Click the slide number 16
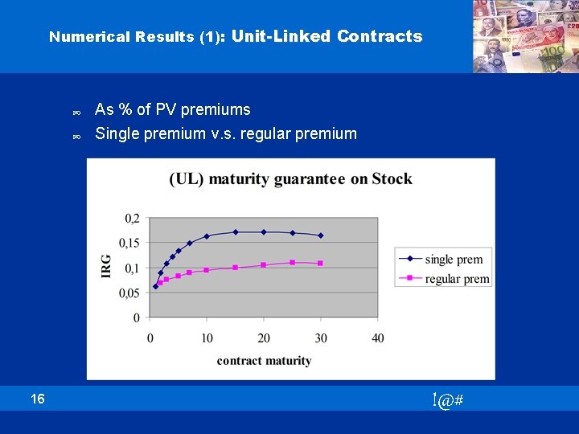click(x=39, y=399)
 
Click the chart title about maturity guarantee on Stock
click(x=290, y=178)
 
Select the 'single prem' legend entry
click(x=454, y=259)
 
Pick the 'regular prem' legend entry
click(x=457, y=278)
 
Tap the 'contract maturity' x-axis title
click(x=264, y=361)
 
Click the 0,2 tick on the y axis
click(x=131, y=219)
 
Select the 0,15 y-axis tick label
click(x=129, y=243)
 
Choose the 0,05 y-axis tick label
click(x=129, y=293)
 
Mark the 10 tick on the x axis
click(x=207, y=338)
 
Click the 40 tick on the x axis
click(x=378, y=338)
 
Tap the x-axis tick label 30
click(x=321, y=338)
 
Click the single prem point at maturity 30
click(x=321, y=235)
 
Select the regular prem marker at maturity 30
click(x=321, y=263)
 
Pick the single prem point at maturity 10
click(x=207, y=236)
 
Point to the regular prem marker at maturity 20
click(x=264, y=264)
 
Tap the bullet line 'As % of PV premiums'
click(x=172, y=109)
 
